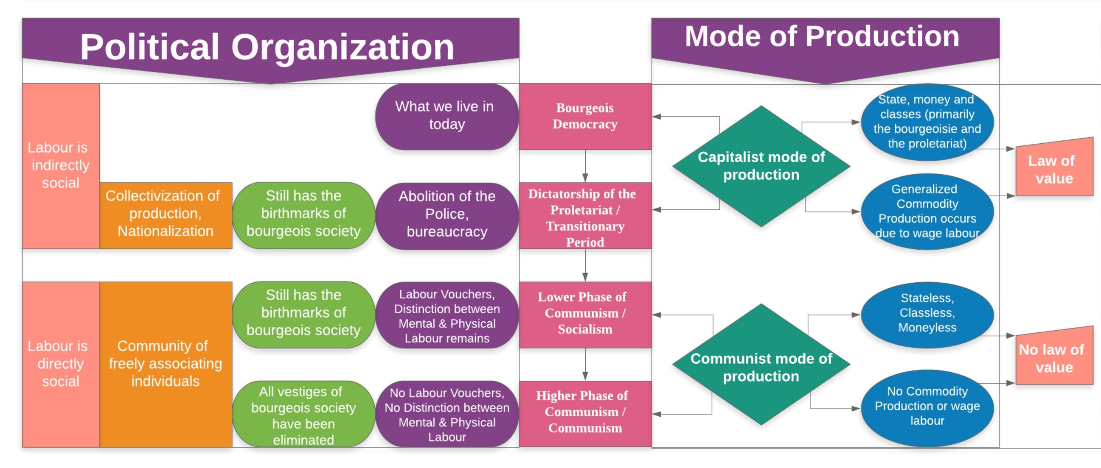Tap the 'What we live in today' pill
click(x=446, y=116)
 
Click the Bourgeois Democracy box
click(x=585, y=116)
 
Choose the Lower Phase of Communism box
click(x=585, y=314)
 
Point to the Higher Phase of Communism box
click(x=585, y=412)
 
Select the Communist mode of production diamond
click(x=761, y=365)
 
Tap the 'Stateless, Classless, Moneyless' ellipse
click(x=927, y=314)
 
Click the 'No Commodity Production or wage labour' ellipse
click(x=927, y=407)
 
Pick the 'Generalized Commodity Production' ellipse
click(x=927, y=212)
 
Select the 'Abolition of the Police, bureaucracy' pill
click(x=446, y=215)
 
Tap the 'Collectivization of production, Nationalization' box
click(x=166, y=215)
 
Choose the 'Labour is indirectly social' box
click(x=60, y=166)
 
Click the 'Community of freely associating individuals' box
click(x=166, y=364)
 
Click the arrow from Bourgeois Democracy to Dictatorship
click(x=585, y=166)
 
